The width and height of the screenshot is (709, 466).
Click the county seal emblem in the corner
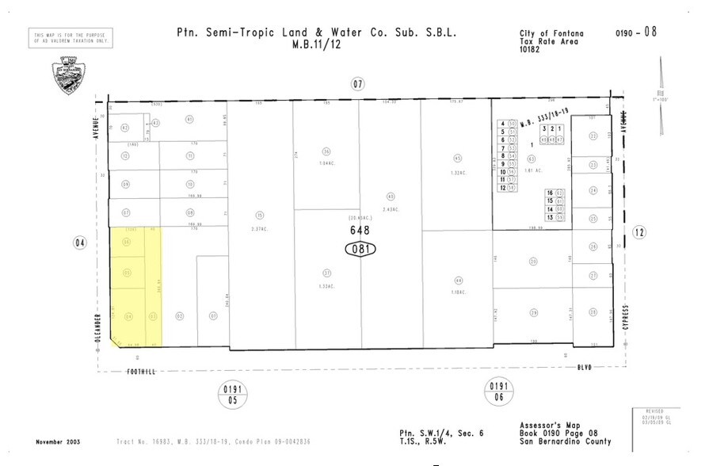coord(67,74)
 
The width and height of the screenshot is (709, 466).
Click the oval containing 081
coord(360,249)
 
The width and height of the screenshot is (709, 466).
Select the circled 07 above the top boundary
coord(358,83)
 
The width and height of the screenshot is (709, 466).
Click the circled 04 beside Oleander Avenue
coord(79,243)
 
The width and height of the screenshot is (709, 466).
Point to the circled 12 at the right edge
coord(639,231)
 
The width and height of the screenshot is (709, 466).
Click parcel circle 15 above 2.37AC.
coord(258,215)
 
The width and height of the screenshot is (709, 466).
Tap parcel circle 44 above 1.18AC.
coord(457,280)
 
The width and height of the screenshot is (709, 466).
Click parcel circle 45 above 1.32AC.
coord(457,157)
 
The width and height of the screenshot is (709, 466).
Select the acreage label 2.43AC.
coord(390,209)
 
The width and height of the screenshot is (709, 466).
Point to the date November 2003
coord(59,441)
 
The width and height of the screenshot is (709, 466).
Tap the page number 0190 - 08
coord(635,32)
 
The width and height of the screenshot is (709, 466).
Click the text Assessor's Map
coord(546,426)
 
